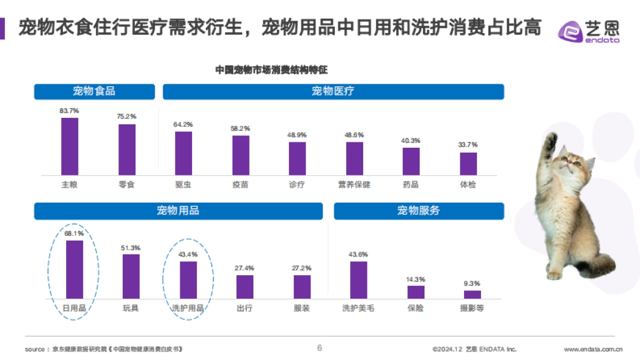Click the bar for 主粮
pyautogui.click(x=69, y=146)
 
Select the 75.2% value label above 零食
pyautogui.click(x=127, y=116)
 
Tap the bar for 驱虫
pyautogui.click(x=183, y=153)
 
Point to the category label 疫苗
pyautogui.click(x=241, y=185)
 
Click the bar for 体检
pyautogui.click(x=468, y=164)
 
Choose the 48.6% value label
pyautogui.click(x=355, y=135)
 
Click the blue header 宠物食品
pyautogui.click(x=94, y=91)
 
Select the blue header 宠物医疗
pyautogui.click(x=333, y=91)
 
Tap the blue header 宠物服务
pyautogui.click(x=419, y=211)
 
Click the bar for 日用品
pyautogui.click(x=74, y=269)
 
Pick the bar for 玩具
pyautogui.click(x=131, y=276)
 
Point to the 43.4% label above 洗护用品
pyautogui.click(x=188, y=254)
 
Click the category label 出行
pyautogui.click(x=244, y=308)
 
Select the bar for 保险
pyautogui.click(x=416, y=292)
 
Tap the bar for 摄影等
pyautogui.click(x=472, y=294)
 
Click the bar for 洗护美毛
pyautogui.click(x=358, y=279)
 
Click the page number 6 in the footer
pyautogui.click(x=319, y=348)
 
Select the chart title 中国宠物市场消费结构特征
pyautogui.click(x=275, y=70)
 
